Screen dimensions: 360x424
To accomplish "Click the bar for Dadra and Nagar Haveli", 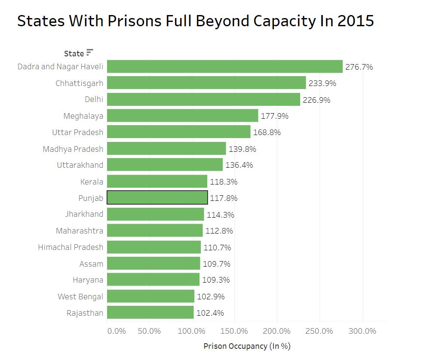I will tap(224, 67).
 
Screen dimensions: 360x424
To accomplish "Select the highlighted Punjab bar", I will tap(157, 198).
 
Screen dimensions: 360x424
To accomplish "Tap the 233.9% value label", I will tap(322, 83).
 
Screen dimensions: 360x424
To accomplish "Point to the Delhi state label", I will tap(94, 99).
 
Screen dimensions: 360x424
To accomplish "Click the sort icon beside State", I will tap(89, 52).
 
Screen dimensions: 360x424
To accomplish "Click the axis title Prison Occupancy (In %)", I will tap(247, 346).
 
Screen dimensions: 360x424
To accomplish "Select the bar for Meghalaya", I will tap(182, 116).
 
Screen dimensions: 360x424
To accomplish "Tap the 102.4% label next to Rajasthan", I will tap(210, 313).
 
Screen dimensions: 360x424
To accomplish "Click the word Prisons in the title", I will tap(135, 21).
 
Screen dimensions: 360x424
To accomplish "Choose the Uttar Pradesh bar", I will tap(178, 132).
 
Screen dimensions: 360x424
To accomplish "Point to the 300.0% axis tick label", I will tap(362, 331).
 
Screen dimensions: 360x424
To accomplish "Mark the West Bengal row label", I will tap(80, 296).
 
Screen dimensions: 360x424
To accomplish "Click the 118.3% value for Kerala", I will tap(224, 182).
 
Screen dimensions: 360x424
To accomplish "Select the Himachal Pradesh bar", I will tap(154, 247).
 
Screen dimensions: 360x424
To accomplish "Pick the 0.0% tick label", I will tap(116, 331).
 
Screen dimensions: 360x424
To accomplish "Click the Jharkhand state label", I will tap(84, 214).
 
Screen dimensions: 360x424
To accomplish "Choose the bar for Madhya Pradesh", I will tap(166, 149).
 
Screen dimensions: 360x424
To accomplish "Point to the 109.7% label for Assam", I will tap(216, 264).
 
